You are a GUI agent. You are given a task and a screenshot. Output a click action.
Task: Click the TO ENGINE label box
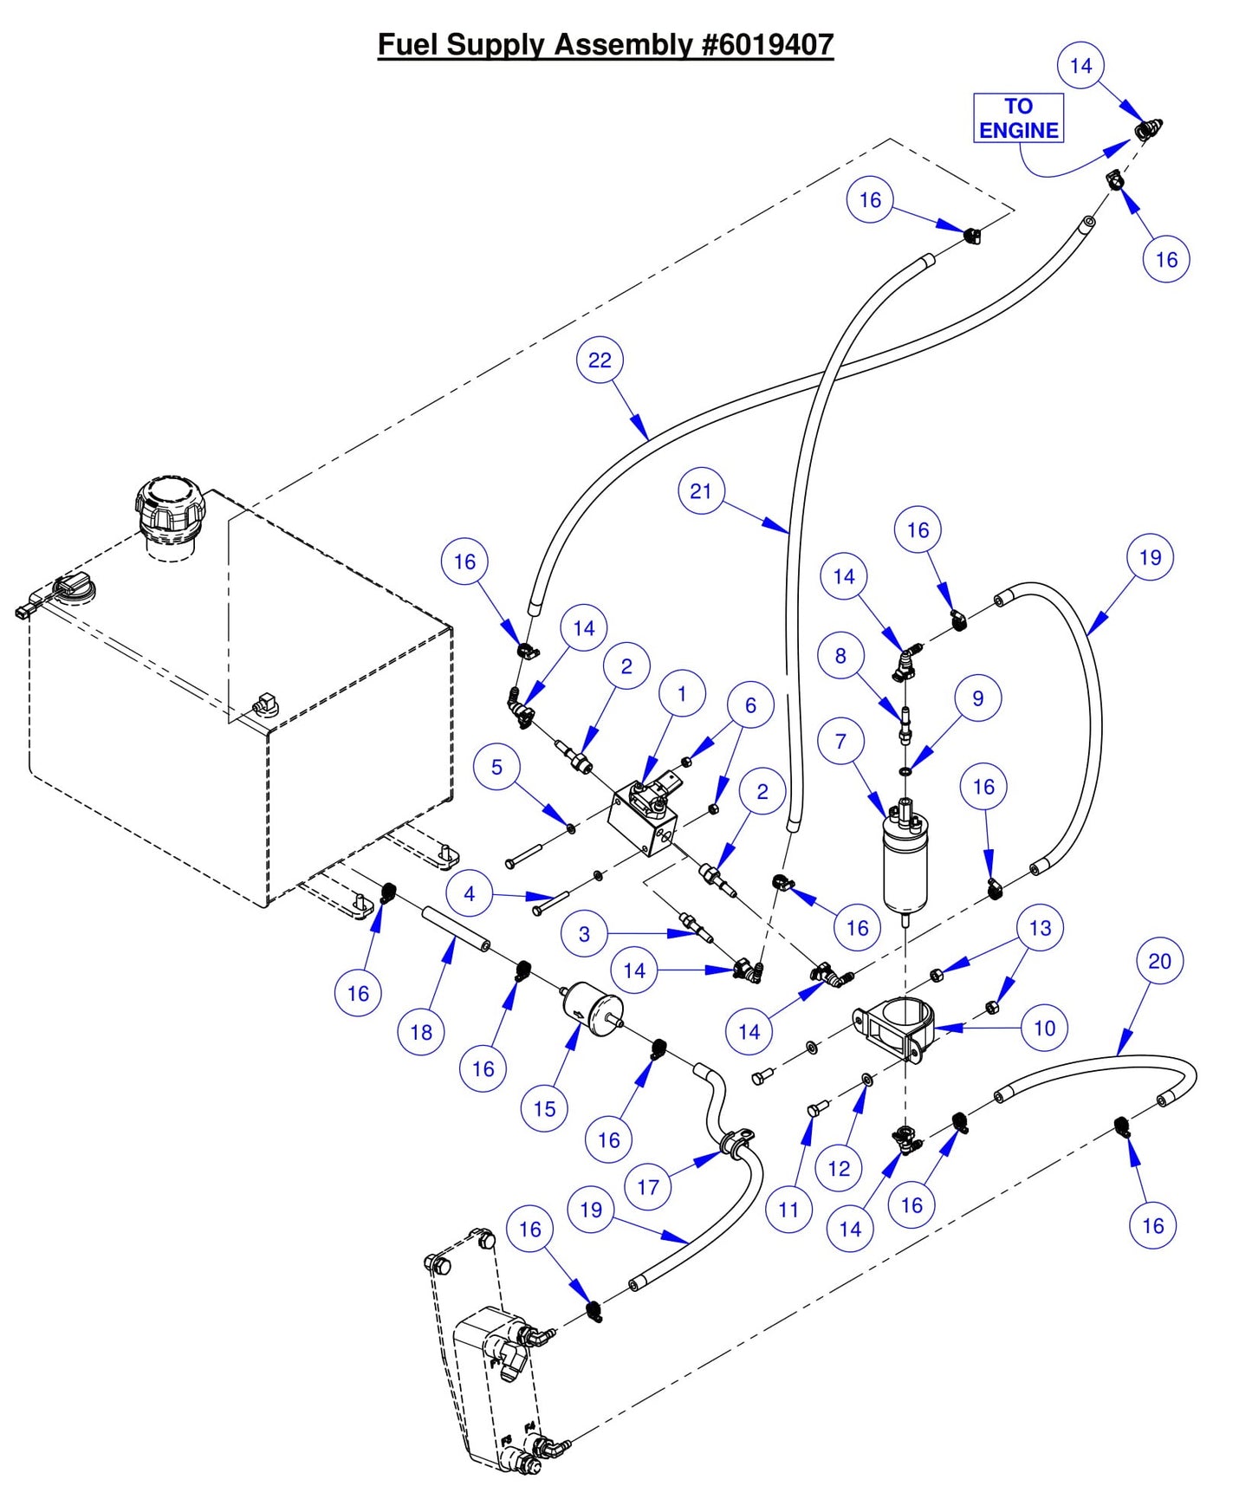1018,118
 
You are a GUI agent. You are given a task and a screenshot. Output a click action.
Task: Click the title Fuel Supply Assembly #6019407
605,44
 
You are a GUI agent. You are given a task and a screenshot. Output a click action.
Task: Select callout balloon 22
600,360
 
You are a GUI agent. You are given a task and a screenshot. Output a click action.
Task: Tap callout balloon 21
701,491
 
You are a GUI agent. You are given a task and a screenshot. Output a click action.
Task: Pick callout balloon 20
1159,961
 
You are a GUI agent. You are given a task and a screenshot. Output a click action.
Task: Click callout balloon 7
840,742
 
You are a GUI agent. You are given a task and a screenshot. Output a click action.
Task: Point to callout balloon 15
544,1108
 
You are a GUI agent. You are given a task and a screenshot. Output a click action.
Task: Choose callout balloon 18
421,1032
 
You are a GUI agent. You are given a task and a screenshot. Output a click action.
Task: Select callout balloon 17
648,1187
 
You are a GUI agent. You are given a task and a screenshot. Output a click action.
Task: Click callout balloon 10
1044,1028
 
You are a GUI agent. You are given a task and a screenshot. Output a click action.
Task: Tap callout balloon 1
681,694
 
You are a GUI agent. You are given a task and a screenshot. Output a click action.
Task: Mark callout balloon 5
496,767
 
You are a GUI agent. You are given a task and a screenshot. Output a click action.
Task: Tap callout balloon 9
978,698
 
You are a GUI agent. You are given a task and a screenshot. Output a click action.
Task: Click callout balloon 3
584,934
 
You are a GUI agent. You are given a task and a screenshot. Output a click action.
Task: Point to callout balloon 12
839,1168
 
